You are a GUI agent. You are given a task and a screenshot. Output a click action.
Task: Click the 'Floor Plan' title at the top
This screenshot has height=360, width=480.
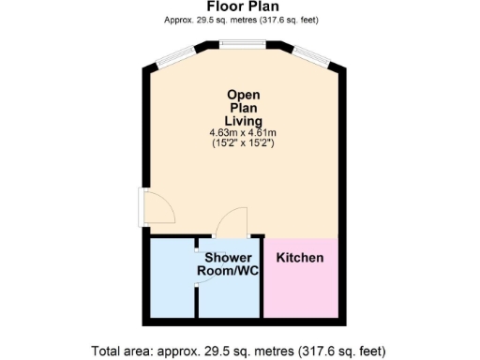coord(240,6)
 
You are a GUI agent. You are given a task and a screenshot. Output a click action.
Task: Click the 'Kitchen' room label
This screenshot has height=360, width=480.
coord(300,257)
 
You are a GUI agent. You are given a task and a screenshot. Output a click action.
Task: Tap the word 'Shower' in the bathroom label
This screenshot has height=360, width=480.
coord(228,257)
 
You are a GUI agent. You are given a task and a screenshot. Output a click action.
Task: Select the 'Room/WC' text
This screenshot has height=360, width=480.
coord(228,271)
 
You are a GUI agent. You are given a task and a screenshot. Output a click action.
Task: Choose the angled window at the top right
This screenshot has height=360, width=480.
coord(309,54)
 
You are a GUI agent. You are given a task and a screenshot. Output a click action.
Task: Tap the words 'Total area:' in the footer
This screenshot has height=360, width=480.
coord(125,351)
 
